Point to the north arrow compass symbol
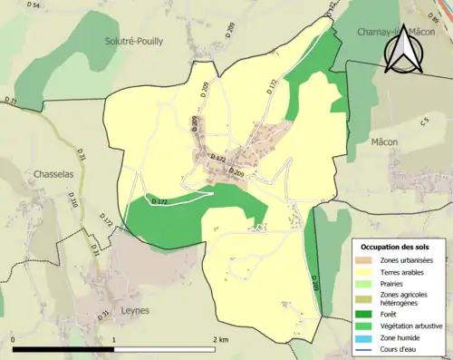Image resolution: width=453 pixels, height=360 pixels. click(x=402, y=48)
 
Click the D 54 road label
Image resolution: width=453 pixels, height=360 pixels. click(x=34, y=5)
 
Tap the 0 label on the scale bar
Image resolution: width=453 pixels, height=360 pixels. click(x=14, y=339)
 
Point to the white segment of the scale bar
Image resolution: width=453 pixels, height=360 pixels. click(x=164, y=349)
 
